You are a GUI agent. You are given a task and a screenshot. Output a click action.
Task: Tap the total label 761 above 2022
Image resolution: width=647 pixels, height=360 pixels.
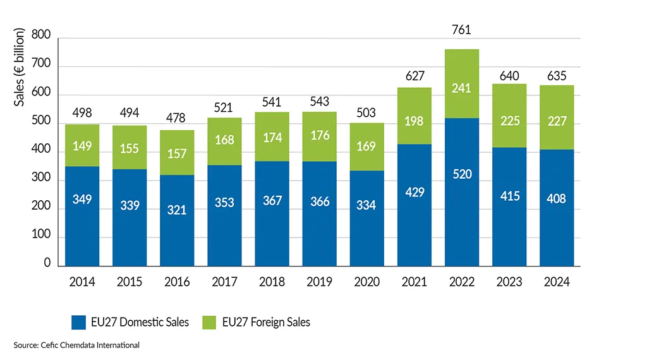pyautogui.click(x=462, y=30)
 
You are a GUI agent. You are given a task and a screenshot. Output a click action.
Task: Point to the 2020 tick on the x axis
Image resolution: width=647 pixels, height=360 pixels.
pyautogui.click(x=367, y=282)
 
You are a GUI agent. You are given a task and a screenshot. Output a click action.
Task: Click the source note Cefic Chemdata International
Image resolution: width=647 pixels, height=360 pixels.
pyautogui.click(x=76, y=345)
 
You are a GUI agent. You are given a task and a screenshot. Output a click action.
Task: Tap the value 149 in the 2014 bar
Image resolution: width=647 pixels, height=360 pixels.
pyautogui.click(x=82, y=147)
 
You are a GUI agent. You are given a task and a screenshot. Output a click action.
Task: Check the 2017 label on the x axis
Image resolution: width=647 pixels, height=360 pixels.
pyautogui.click(x=224, y=282)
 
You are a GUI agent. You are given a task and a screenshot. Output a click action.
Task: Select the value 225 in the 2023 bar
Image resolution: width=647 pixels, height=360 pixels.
pyautogui.click(x=510, y=120)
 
